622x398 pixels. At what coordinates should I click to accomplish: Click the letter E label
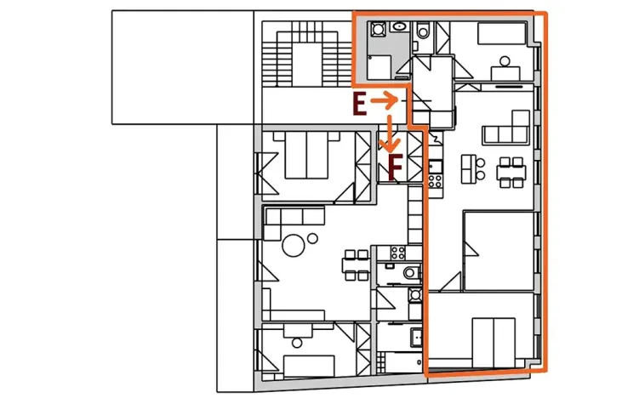point(359,105)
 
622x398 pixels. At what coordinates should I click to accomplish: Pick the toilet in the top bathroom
point(423,32)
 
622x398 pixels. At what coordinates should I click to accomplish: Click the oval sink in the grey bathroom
point(397,27)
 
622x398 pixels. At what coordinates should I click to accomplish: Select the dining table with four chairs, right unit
point(511,173)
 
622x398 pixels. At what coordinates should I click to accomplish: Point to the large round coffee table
point(295,246)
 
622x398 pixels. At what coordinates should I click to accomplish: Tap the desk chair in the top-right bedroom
point(505,62)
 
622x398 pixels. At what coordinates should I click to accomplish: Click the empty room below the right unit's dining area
point(499,248)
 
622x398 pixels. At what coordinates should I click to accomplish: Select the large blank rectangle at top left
point(182,66)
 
